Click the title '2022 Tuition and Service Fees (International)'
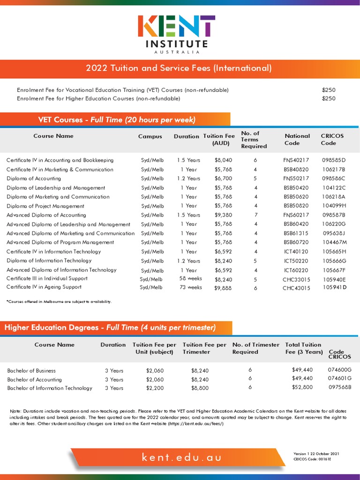(179, 68)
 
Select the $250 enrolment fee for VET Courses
(329, 90)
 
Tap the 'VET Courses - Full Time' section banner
(116, 120)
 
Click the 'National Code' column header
(297, 139)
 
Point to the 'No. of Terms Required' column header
(254, 140)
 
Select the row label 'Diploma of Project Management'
(45, 206)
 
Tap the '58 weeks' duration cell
(190, 278)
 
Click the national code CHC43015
(296, 288)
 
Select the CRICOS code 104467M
(335, 242)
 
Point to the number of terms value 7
(255, 215)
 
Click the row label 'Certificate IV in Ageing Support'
(44, 287)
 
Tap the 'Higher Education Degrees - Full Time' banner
(110, 327)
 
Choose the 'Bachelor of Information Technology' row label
(50, 388)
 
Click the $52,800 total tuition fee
(302, 387)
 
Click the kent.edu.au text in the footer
(181, 457)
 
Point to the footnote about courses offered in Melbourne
(59, 301)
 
